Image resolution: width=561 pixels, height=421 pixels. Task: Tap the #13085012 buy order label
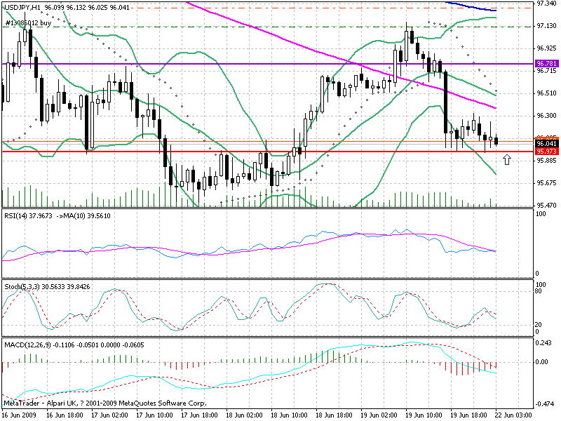click(x=29, y=23)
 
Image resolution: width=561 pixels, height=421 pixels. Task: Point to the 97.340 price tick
click(x=546, y=4)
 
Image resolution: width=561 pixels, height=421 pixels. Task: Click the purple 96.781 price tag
click(x=546, y=64)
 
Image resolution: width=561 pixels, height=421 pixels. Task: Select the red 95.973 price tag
click(x=546, y=152)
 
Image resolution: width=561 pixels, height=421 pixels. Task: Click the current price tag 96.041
click(x=546, y=144)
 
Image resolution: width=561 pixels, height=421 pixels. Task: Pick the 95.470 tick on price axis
click(x=546, y=206)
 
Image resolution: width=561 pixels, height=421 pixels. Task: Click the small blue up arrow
click(x=507, y=161)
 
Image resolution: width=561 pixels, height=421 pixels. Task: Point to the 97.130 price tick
click(x=546, y=26)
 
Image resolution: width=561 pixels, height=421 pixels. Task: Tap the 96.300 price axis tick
click(x=546, y=116)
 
